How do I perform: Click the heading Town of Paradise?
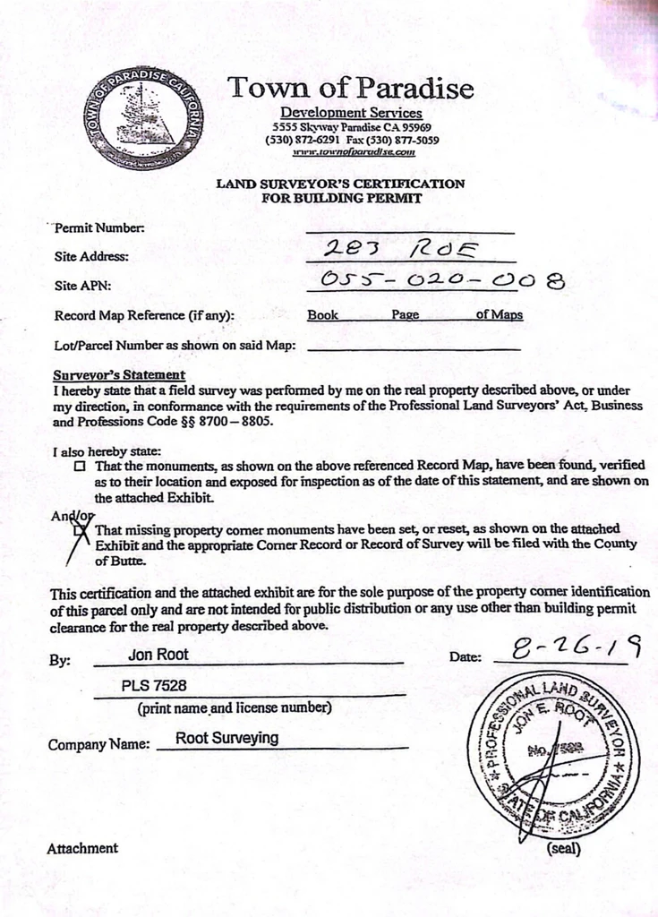pos(350,88)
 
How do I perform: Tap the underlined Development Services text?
pos(351,113)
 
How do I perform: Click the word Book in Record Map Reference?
pos(322,315)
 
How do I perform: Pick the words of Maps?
pos(500,315)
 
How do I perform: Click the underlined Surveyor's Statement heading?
pos(119,375)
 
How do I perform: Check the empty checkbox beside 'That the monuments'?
pos(81,467)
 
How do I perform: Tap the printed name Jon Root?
pos(158,655)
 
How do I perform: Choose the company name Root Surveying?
pos(226,739)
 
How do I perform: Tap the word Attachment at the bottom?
pos(82,848)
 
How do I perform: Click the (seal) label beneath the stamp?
pos(563,848)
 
